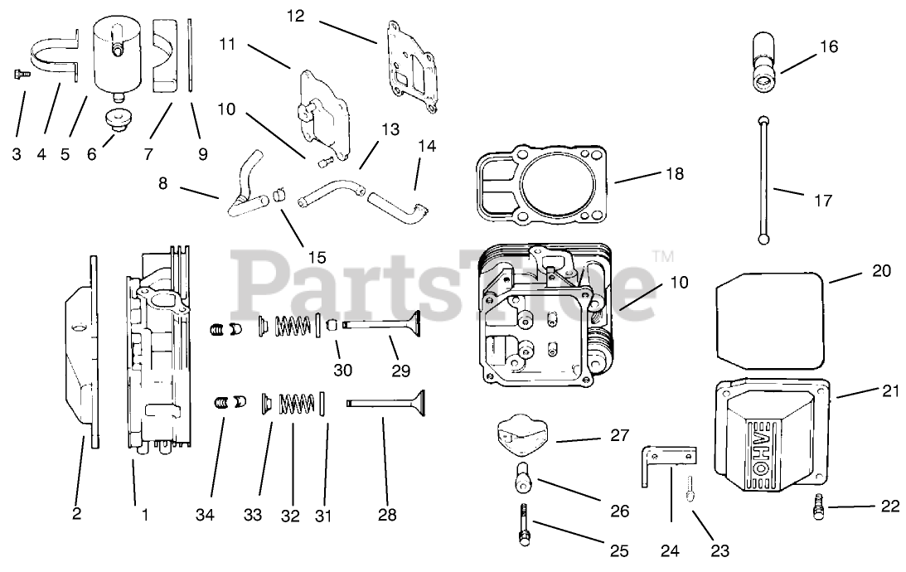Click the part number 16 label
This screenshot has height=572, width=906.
829,47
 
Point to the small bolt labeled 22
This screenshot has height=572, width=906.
818,508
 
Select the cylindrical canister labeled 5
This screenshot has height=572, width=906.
116,55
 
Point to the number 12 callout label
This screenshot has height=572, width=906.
297,16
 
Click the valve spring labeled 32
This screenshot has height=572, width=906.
296,404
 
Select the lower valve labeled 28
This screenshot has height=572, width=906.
390,404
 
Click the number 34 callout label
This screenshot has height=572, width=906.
205,516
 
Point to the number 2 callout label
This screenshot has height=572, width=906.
77,515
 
